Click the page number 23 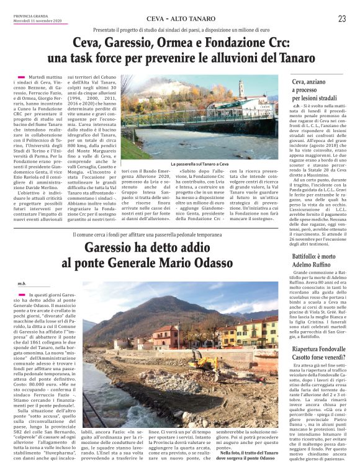tap(342, 19)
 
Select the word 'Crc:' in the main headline tap(275, 44)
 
